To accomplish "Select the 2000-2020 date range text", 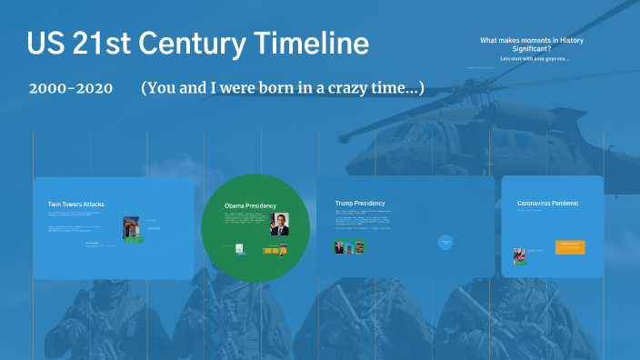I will [x=70, y=88].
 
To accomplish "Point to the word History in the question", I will [x=565, y=40].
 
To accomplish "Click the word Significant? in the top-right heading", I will [x=531, y=49].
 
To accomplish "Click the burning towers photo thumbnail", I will [x=132, y=229].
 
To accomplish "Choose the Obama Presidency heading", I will [x=250, y=206].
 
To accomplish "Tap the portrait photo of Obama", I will [x=280, y=225].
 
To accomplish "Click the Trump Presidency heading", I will [x=359, y=204].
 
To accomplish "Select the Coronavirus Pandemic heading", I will [x=547, y=203].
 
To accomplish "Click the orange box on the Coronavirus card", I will [x=570, y=246].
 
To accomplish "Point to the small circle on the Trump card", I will [x=445, y=242].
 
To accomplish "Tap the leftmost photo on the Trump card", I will [x=339, y=246].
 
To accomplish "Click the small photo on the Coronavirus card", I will [x=520, y=255].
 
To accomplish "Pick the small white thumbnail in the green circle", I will [x=239, y=248].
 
